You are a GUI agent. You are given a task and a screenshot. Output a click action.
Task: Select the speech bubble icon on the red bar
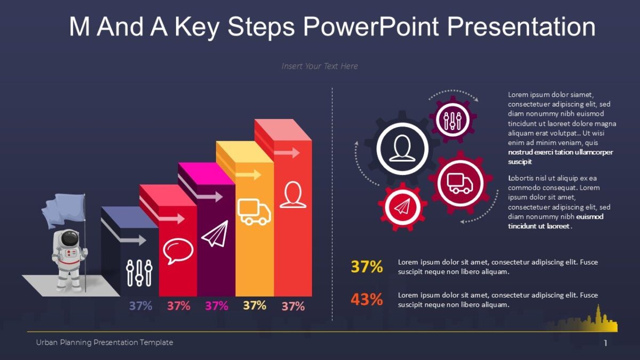tap(178, 251)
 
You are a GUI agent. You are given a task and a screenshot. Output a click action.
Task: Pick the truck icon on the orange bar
tap(254, 212)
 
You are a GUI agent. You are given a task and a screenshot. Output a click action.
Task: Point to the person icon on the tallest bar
tap(293, 195)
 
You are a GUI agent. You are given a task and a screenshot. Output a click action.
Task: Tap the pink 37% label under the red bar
tap(179, 306)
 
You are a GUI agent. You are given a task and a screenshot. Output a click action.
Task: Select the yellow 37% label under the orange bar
tap(254, 306)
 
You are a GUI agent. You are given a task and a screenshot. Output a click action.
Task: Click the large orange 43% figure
tap(366, 300)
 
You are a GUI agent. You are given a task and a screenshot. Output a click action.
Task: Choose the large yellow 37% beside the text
tap(366, 267)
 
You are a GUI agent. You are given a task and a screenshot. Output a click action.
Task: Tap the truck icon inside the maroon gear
tap(460, 183)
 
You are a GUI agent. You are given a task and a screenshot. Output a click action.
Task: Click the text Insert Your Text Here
tap(319, 66)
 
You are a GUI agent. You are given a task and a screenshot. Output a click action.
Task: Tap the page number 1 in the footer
tap(605, 343)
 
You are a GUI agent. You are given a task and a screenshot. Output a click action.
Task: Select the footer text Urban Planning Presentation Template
tap(105, 342)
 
